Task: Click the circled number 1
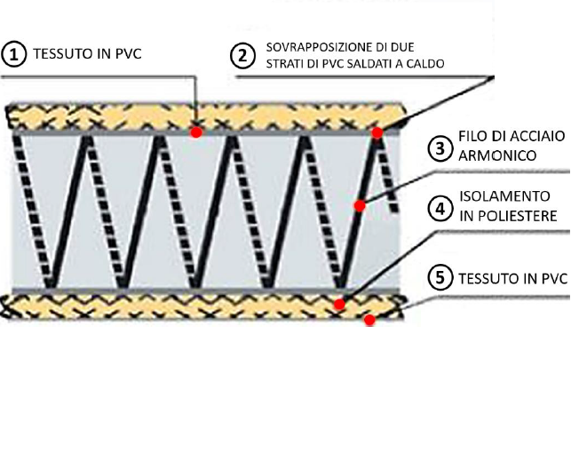point(13,54)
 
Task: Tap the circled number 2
point(242,54)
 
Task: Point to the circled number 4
point(440,208)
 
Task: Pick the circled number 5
point(440,278)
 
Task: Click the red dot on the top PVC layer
point(196,131)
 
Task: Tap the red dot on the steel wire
point(360,206)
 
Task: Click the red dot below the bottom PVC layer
point(370,321)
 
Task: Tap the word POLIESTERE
point(516,215)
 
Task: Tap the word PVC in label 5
point(551,278)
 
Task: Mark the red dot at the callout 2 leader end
point(377,133)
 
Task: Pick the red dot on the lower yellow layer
point(339,304)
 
